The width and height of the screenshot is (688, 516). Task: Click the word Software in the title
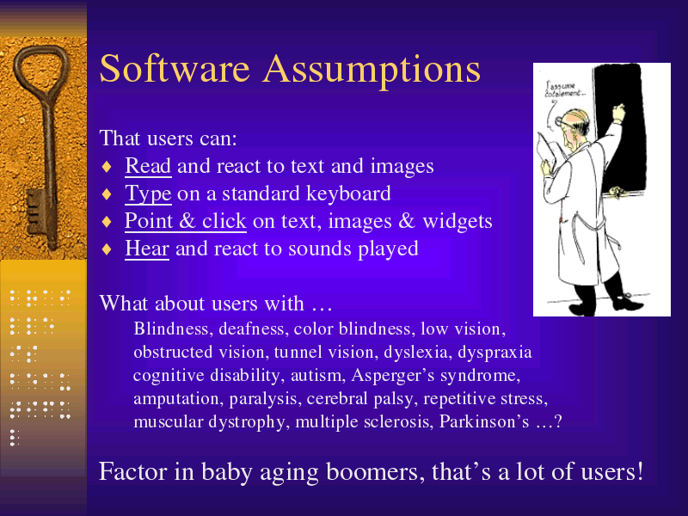(x=175, y=69)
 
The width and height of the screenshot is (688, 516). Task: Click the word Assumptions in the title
(x=372, y=70)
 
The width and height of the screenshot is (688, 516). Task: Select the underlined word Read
(x=148, y=166)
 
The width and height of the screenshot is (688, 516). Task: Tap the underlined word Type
(x=148, y=194)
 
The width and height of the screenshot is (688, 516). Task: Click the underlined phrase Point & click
(x=186, y=221)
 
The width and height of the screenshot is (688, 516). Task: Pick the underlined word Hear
(x=147, y=249)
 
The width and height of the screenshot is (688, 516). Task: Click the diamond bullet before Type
(x=107, y=194)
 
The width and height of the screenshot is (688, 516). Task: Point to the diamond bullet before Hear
(x=107, y=249)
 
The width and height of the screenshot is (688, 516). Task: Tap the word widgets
(x=458, y=221)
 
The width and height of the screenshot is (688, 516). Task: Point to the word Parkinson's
(x=484, y=421)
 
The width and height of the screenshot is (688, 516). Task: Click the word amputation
(x=175, y=399)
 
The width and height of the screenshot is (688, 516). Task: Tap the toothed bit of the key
(x=37, y=212)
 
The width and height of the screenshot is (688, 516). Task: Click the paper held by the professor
(x=547, y=154)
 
